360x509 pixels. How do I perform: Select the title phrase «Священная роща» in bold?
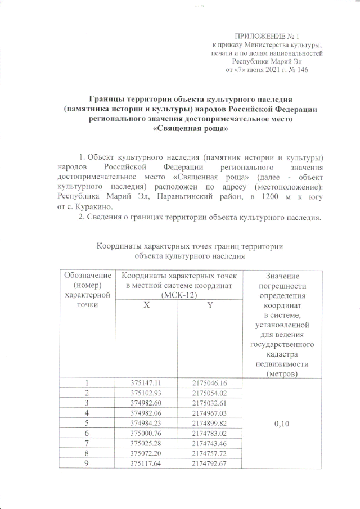[x=191, y=128]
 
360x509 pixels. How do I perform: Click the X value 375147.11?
[x=146, y=382]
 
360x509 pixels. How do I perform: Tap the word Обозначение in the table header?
[x=86, y=276]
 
